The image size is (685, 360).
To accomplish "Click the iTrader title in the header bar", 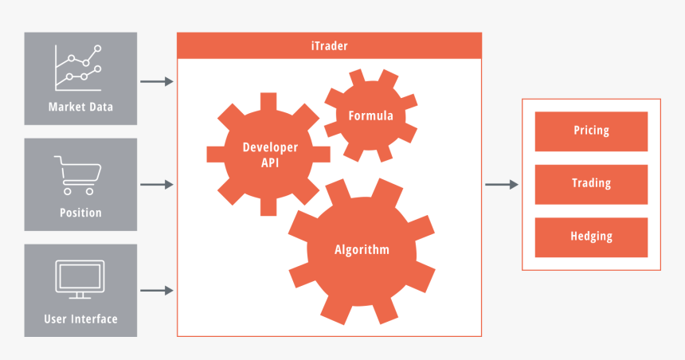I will [329, 46].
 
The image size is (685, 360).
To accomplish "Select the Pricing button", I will [591, 131].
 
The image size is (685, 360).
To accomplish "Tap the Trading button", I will [591, 183].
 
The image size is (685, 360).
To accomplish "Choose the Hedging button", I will [591, 237].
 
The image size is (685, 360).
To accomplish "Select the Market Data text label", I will [80, 108].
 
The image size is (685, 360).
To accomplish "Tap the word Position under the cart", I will [80, 213].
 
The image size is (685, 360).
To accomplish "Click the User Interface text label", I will [80, 319].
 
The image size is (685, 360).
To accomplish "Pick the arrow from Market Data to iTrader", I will [157, 81].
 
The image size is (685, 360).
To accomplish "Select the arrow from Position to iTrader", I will [157, 185].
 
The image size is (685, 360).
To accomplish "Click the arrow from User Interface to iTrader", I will [157, 291].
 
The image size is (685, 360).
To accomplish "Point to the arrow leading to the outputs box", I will [502, 185].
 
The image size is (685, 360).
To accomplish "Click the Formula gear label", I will [370, 116].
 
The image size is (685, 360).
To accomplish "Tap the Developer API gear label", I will [270, 155].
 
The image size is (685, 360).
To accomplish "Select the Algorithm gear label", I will [362, 249].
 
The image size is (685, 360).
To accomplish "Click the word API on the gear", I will [271, 162].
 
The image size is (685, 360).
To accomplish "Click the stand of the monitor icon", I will [80, 295].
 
